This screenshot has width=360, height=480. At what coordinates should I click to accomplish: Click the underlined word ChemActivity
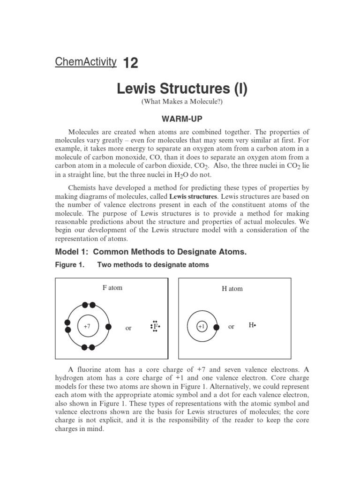click(x=85, y=61)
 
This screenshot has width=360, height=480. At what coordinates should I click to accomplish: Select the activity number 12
click(x=130, y=63)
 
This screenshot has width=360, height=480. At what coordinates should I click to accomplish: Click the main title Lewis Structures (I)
click(x=181, y=88)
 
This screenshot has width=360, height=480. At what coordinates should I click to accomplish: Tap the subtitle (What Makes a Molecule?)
click(x=181, y=102)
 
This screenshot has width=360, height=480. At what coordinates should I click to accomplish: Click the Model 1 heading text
click(x=151, y=252)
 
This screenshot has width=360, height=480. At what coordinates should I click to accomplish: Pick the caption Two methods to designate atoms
click(x=153, y=265)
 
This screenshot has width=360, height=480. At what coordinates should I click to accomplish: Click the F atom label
click(x=112, y=288)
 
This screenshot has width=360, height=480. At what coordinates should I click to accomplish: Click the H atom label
click(x=232, y=289)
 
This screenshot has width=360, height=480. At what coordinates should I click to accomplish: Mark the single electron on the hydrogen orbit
click(x=216, y=327)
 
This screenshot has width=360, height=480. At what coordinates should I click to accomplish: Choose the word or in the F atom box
click(x=128, y=328)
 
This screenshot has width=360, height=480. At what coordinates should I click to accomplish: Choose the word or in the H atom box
click(x=231, y=327)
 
